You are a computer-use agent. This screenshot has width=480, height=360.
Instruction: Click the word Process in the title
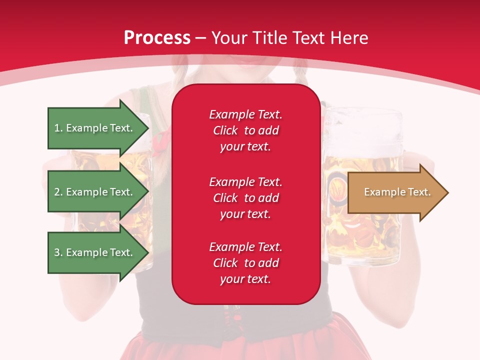click(157, 38)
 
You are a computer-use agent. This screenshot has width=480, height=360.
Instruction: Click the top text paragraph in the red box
click(245, 130)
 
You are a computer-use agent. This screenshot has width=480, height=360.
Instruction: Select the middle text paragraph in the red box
click(245, 198)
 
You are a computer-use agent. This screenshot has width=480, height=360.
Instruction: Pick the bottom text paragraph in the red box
click(245, 263)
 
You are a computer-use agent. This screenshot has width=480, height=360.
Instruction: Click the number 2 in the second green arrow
click(57, 192)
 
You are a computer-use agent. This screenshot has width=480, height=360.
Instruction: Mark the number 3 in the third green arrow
click(57, 252)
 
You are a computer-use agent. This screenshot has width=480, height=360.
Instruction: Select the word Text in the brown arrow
click(420, 192)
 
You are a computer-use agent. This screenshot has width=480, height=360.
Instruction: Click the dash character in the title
click(200, 38)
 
